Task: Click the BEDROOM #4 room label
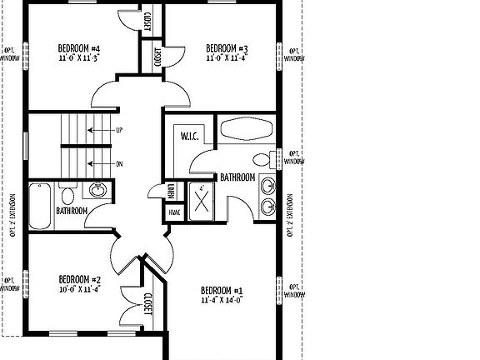pyautogui.click(x=80, y=47)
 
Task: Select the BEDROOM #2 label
pyautogui.click(x=80, y=279)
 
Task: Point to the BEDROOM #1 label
pyautogui.click(x=222, y=290)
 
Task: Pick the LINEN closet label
pyautogui.click(x=169, y=191)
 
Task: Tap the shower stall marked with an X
pyautogui.click(x=202, y=201)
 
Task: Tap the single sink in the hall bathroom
pyautogui.click(x=97, y=191)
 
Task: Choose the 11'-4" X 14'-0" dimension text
pyautogui.click(x=222, y=300)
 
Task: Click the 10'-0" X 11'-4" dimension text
pyautogui.click(x=80, y=289)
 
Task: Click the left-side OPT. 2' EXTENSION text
pyautogui.click(x=12, y=215)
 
